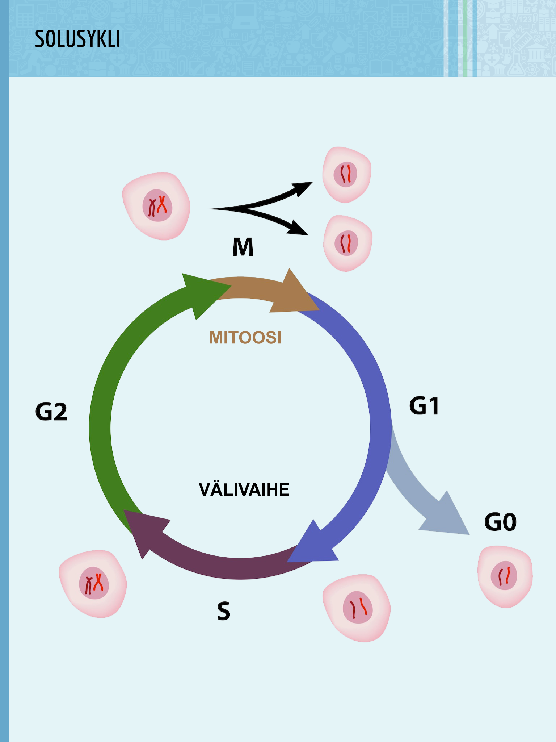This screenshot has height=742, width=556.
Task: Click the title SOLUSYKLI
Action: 77,39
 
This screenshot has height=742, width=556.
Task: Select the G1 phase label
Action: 424,406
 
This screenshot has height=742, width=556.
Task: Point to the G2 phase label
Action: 51,412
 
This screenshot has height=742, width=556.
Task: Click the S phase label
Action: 224,611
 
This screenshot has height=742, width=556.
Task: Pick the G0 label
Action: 500,522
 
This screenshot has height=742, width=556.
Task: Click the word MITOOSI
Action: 245,338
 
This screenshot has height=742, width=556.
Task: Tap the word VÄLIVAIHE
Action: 244,490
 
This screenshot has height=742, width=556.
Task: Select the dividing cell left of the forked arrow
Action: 156,206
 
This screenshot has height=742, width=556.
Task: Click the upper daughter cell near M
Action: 346,175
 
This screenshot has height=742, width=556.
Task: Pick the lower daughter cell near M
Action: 347,243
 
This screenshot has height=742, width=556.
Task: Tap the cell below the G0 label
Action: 505,576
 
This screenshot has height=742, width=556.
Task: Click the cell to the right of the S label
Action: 357,607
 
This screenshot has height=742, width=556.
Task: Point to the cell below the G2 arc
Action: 93,584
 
